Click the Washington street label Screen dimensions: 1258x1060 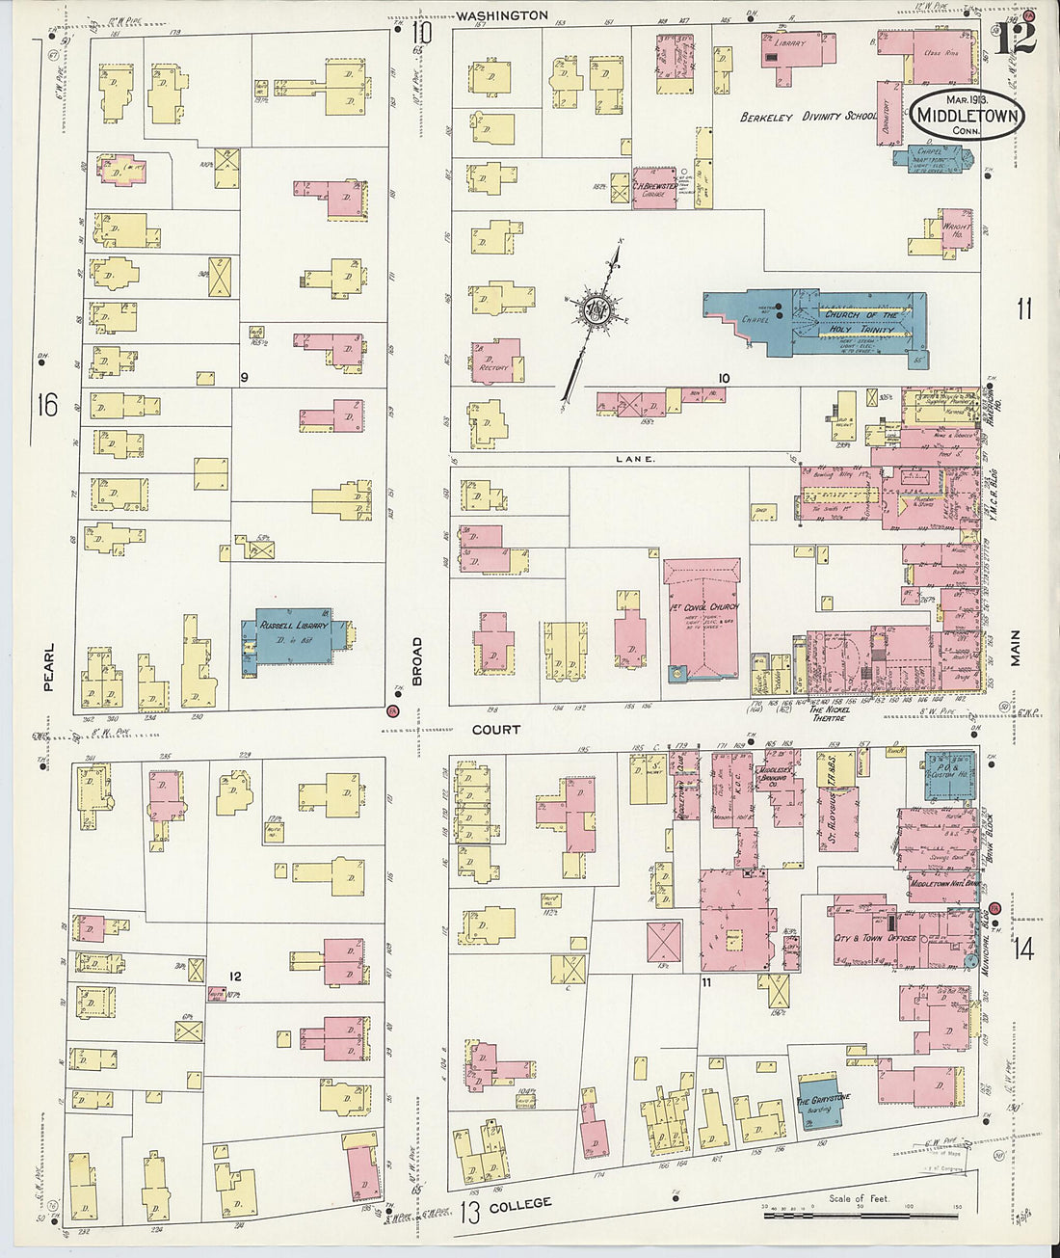(x=502, y=15)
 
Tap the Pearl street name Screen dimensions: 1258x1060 (x=49, y=667)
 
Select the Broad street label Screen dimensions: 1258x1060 (x=418, y=661)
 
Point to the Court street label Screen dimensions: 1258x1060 (x=495, y=730)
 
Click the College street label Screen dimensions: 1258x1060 (x=520, y=1205)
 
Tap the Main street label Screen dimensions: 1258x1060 (x=1016, y=648)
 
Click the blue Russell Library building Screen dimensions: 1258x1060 (x=293, y=635)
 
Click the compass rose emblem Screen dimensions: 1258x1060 (x=590, y=310)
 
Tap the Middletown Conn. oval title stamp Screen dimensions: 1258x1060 (x=967, y=115)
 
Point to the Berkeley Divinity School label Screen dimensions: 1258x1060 (x=808, y=117)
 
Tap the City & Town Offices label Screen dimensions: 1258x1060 (x=875, y=937)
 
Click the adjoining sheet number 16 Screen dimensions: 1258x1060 (x=47, y=405)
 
